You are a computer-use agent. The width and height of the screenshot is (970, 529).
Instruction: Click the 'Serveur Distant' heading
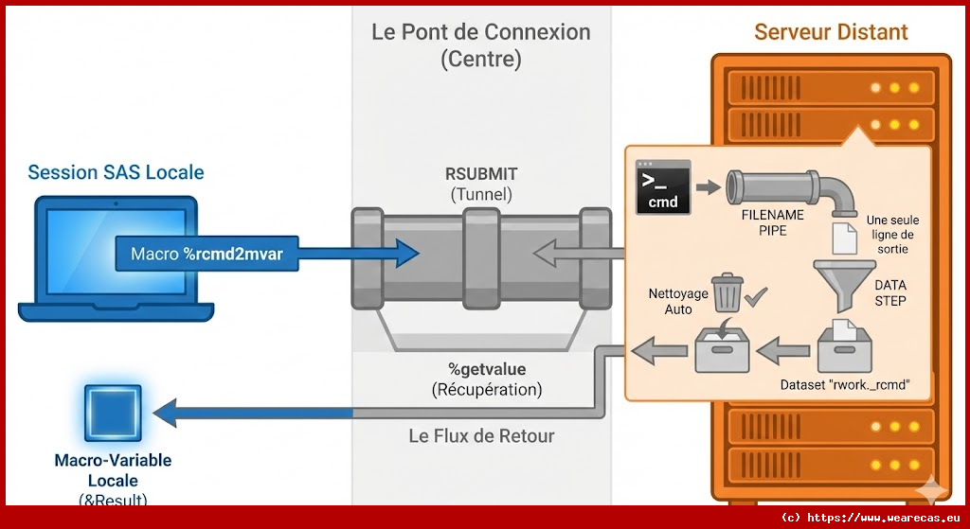point(831,32)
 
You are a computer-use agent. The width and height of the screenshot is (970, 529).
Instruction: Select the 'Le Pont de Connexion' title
point(480,32)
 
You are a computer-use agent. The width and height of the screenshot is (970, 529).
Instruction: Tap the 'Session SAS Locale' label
point(116,172)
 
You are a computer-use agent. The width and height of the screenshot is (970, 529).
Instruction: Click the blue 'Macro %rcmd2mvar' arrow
point(265,254)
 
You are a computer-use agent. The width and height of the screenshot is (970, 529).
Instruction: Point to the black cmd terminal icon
point(662,186)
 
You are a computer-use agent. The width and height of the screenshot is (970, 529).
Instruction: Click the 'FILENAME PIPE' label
point(772,222)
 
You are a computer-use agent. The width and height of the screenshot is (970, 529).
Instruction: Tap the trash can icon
point(727,292)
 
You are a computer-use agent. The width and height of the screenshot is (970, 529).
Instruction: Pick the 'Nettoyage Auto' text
point(677,301)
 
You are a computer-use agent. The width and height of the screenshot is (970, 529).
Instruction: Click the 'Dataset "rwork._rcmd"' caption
point(844,385)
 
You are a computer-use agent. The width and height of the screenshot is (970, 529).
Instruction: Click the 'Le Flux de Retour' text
point(481,436)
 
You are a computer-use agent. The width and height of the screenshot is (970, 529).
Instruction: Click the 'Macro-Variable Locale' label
point(113,469)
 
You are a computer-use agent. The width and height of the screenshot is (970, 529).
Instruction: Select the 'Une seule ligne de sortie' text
point(892,234)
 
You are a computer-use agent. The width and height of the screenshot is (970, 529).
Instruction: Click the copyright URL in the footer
point(871,518)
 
